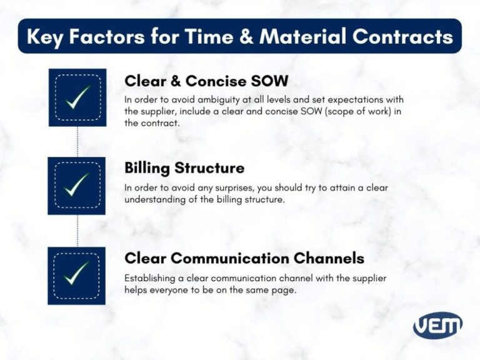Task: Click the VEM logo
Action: (437, 325)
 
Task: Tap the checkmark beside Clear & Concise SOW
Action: (77, 97)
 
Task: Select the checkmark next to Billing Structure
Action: (77, 186)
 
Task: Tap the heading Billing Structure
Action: (184, 168)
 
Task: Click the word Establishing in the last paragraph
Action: (150, 277)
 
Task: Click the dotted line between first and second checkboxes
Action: (77, 141)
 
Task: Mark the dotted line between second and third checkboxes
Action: (77, 231)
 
